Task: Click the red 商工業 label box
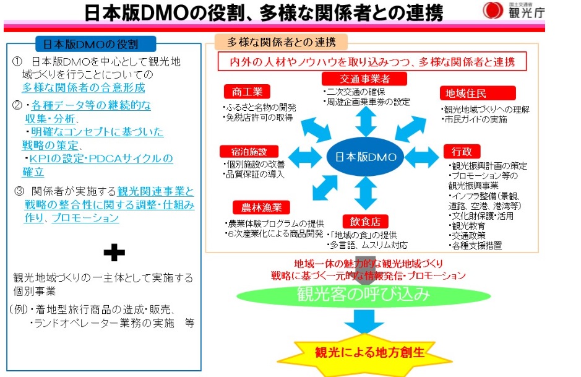point(246,92)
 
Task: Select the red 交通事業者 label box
point(365,79)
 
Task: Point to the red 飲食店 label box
point(365,221)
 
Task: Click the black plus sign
point(114,251)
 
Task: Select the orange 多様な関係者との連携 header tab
point(281,43)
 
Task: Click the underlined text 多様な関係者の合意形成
point(84,88)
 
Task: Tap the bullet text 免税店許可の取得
point(258,117)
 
